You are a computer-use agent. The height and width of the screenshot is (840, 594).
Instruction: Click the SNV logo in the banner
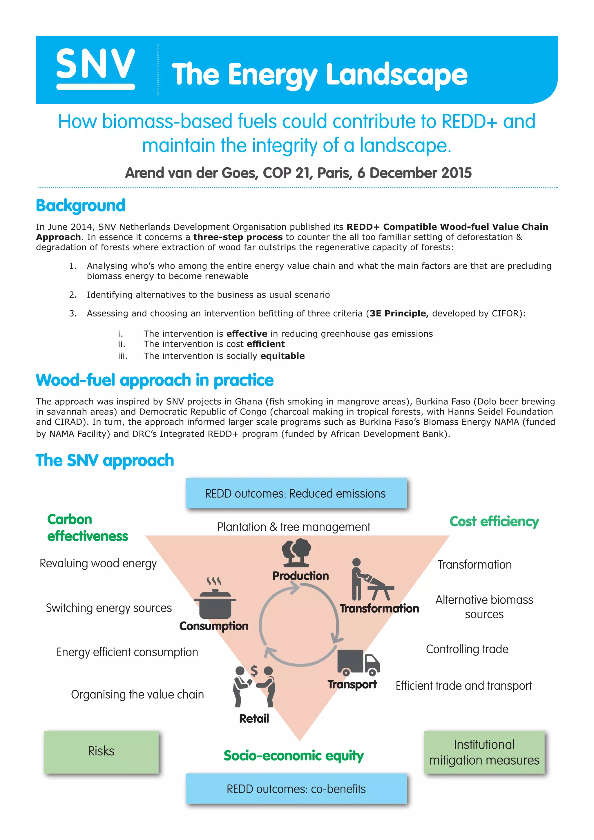coord(95,68)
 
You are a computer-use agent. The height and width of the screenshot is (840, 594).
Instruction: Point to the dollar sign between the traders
coord(254,670)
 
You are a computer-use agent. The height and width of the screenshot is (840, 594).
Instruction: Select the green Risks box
coord(101,751)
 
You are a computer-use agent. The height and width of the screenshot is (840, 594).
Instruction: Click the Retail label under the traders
coord(254,718)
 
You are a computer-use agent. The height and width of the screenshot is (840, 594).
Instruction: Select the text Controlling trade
coord(467,649)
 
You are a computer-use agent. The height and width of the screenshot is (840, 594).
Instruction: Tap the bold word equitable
coord(282,356)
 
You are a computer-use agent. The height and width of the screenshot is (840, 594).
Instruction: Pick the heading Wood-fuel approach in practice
coord(154,380)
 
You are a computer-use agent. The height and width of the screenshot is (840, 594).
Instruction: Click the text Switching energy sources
coord(109,608)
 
